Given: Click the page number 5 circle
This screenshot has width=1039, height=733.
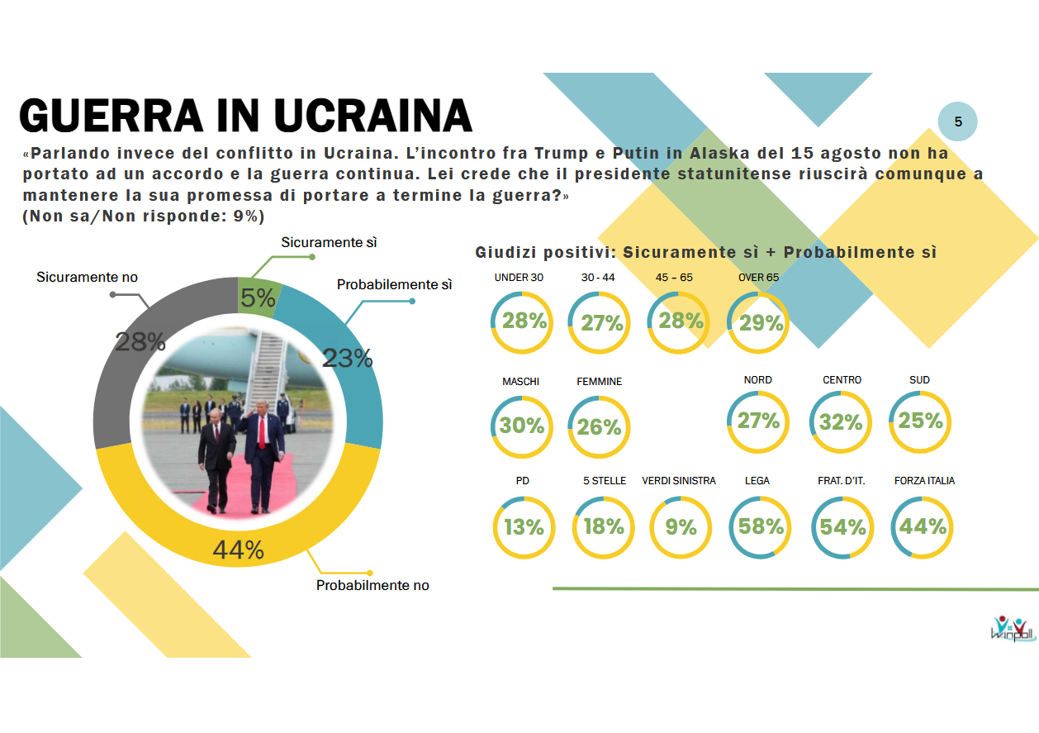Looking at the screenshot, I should point(958,122).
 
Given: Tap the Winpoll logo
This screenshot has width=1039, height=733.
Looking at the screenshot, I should point(1012,630).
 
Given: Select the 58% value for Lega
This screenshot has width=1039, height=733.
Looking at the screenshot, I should point(760,526).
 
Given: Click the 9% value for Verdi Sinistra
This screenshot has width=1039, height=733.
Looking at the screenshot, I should point(681,526).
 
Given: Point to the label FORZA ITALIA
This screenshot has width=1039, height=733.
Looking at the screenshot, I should point(924,480).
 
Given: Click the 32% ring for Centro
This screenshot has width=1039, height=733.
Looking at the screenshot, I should point(841,422).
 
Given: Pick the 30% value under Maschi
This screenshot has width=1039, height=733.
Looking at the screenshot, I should point(522,426).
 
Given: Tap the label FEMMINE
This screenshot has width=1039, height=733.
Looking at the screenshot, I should point(599,381).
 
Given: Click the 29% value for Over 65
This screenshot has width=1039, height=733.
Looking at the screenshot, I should point(761,323).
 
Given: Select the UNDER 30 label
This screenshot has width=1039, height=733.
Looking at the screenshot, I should point(519,278).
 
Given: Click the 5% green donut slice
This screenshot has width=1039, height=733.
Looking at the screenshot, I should point(259,297).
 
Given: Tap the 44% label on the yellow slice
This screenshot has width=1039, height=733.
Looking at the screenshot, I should point(238,550).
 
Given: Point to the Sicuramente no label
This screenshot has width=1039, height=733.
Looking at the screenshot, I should point(87,278).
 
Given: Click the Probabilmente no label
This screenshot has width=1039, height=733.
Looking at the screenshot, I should point(372,585).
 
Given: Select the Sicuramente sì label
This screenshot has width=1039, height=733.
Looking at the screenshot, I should point(329,243).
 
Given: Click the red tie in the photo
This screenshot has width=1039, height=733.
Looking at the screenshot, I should point(262,433).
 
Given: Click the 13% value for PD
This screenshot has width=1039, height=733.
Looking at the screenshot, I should point(524,527).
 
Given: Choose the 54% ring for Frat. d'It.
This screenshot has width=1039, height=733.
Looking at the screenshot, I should point(842,527).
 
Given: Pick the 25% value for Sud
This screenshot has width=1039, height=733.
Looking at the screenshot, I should point(920,421).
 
